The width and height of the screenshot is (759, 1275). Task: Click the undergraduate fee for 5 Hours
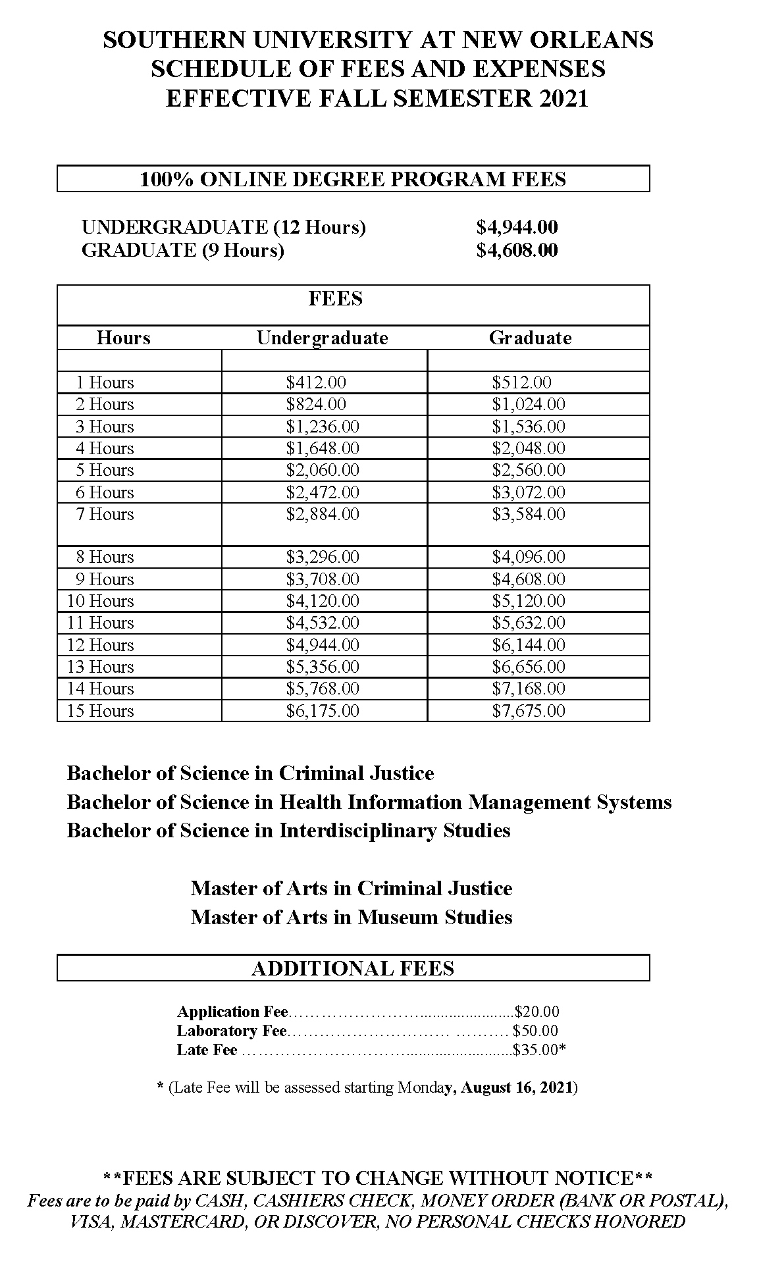click(323, 470)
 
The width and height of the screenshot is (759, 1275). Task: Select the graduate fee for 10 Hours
click(529, 601)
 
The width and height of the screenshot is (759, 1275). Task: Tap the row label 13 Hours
click(100, 667)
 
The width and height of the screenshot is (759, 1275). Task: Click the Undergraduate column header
click(322, 338)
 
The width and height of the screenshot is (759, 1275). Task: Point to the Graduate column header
click(530, 338)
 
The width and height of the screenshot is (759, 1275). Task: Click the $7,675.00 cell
click(529, 711)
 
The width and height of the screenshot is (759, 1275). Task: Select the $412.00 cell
click(316, 382)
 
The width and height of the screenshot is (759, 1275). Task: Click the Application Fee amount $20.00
click(537, 1012)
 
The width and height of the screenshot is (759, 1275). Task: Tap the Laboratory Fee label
click(232, 1031)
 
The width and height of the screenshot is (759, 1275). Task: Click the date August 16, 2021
click(517, 1087)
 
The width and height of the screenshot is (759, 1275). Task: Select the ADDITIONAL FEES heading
click(353, 968)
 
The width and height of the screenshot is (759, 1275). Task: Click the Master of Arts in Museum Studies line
click(352, 917)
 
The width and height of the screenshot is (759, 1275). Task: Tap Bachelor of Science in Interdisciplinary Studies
click(288, 830)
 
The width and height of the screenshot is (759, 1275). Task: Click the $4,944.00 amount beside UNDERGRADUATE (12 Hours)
click(517, 227)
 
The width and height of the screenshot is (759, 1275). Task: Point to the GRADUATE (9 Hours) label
click(182, 250)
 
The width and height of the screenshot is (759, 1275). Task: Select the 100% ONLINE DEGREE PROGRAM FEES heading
click(353, 179)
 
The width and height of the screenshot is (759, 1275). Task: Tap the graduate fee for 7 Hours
click(529, 514)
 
